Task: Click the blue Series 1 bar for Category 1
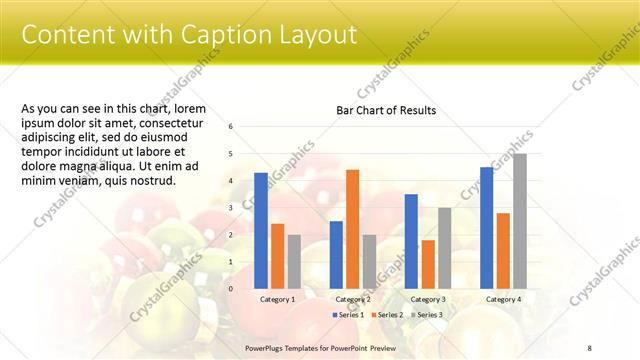tap(261, 230)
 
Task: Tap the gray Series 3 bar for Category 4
tap(519, 221)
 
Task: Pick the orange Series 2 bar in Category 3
tap(427, 264)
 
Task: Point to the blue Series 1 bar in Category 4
tap(486, 227)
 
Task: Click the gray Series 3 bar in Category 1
tap(293, 261)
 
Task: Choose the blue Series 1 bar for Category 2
tap(336, 254)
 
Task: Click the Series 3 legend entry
tap(426, 315)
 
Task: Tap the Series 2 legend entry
tap(388, 315)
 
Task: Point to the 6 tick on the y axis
tap(231, 127)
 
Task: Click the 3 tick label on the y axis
tap(231, 208)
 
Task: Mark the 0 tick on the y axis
tap(231, 289)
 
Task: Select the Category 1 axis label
tap(277, 299)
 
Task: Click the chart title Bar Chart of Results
tap(385, 110)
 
